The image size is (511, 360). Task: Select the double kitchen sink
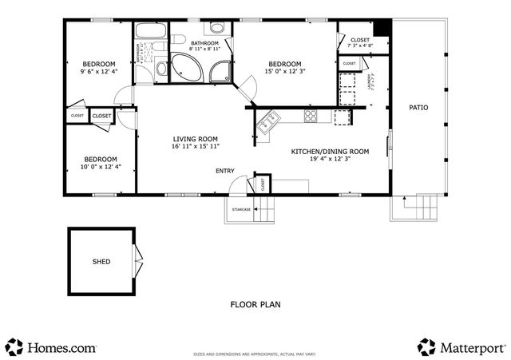[x=267, y=121]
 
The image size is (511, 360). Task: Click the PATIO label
[x=418, y=107]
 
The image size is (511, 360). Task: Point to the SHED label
[x=101, y=261]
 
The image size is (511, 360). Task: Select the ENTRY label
[x=224, y=171]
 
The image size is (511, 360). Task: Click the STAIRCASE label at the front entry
[x=241, y=209]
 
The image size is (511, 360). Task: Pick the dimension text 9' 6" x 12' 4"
[x=98, y=72]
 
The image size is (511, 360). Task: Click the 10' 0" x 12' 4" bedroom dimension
[x=101, y=166]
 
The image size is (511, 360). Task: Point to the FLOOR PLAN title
[x=255, y=304]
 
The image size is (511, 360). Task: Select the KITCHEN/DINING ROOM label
[x=329, y=151]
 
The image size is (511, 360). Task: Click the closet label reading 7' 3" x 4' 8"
[x=360, y=45]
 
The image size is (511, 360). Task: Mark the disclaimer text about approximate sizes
[x=255, y=351]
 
